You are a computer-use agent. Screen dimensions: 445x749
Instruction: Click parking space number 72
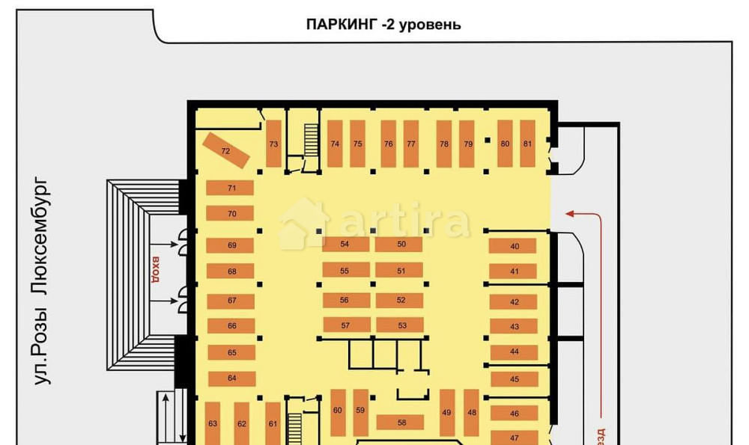tap(225, 150)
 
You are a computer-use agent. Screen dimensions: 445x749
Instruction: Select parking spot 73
tap(273, 144)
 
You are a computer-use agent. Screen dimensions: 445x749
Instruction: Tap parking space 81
tap(528, 144)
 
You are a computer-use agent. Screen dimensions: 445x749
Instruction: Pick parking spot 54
tap(345, 245)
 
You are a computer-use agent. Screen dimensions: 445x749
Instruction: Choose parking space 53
tap(401, 325)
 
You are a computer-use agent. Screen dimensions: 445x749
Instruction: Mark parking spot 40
tap(514, 246)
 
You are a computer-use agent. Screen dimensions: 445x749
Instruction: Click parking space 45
tap(514, 379)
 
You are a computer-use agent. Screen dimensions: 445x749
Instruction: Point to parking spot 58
tap(401, 423)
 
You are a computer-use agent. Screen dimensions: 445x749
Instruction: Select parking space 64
tap(231, 378)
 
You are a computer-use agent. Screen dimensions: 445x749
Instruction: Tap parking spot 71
tap(231, 188)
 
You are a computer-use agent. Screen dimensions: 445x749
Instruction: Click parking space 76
tap(388, 144)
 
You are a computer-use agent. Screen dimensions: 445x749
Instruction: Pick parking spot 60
tap(338, 411)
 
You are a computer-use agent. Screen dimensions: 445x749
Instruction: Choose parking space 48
tap(472, 412)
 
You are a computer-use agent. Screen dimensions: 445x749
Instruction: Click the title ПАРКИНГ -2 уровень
tap(383, 24)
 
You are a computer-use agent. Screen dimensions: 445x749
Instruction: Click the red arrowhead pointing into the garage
tap(570, 214)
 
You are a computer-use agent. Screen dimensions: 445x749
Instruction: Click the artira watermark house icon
tap(304, 223)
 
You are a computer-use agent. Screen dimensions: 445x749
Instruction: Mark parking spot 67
tap(231, 301)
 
